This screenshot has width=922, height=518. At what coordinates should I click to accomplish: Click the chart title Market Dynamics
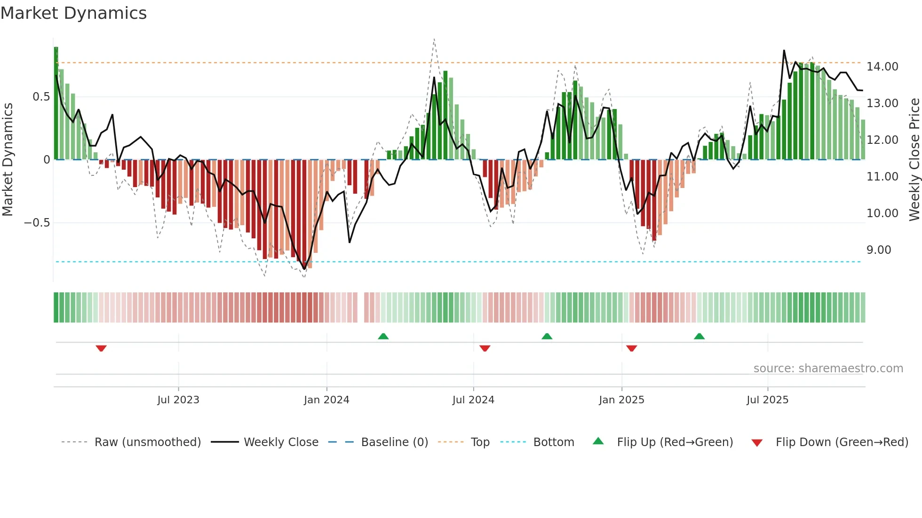click(74, 13)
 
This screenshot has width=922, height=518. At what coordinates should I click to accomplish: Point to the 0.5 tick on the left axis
click(41, 97)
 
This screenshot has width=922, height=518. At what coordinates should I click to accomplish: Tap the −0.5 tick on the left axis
click(37, 223)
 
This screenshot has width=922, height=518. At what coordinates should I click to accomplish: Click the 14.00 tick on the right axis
click(882, 67)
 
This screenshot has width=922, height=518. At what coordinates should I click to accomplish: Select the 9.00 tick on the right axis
click(879, 250)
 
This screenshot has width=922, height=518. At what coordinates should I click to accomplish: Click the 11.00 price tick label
click(882, 177)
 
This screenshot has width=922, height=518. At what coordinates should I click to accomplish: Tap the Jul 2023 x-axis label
click(178, 400)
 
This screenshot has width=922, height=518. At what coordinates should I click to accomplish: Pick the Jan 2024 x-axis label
click(326, 400)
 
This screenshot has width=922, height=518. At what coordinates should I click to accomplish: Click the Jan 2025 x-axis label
click(621, 400)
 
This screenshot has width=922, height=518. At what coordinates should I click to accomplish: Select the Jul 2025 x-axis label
click(767, 400)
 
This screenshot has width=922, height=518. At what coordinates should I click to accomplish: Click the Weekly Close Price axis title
click(914, 160)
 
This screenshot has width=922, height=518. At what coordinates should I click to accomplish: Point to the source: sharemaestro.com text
click(828, 369)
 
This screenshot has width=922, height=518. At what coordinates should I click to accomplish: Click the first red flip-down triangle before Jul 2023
click(101, 348)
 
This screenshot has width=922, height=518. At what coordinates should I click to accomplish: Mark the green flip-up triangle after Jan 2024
click(383, 337)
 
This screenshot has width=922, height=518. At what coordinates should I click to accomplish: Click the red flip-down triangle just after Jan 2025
click(632, 348)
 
